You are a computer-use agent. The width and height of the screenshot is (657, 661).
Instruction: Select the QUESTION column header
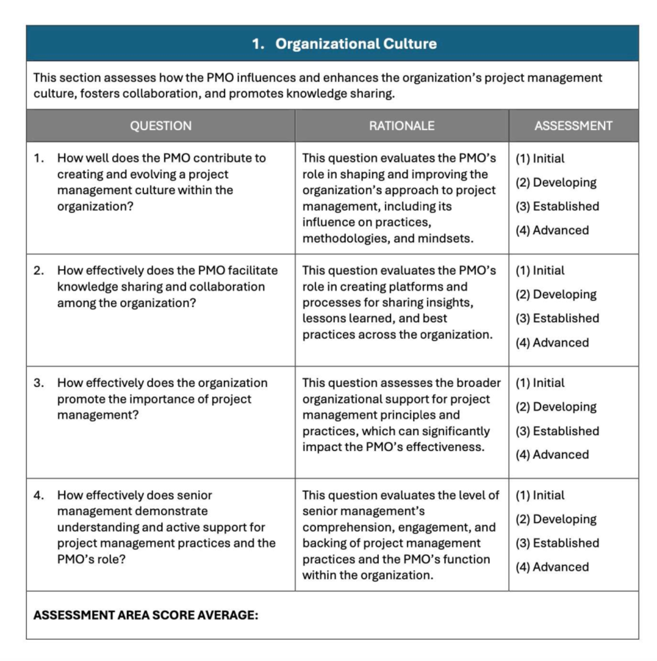[x=160, y=126]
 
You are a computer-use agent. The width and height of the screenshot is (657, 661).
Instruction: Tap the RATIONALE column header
[x=401, y=126]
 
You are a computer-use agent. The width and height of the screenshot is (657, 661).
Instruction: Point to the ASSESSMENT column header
[x=573, y=126]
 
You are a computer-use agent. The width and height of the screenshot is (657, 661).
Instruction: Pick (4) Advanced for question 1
[x=552, y=230]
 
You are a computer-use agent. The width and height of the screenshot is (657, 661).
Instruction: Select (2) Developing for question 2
[x=556, y=294]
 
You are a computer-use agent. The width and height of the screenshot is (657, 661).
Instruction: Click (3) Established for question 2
[x=557, y=318]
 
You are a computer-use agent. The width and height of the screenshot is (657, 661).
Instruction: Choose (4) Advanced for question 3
[x=552, y=455]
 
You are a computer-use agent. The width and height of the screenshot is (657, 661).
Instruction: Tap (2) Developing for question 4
[x=556, y=519]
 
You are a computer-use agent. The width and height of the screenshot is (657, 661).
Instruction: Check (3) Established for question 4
[x=557, y=543]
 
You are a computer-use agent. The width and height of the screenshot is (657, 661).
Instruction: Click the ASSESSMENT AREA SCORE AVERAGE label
[x=146, y=615]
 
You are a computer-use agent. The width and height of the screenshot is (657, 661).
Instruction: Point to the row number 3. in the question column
[x=39, y=383]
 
